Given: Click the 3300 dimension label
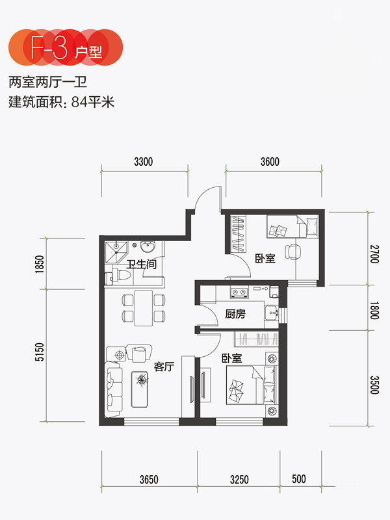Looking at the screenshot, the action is [144, 162].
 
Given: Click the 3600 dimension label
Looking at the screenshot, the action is [270, 162].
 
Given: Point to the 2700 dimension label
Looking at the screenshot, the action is [374, 254].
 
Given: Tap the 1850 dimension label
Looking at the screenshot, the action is [40, 264].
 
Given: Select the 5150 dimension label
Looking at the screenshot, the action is [40, 352].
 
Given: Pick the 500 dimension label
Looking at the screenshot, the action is [299, 479].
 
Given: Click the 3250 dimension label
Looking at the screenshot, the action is [239, 480].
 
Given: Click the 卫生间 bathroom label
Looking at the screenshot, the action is [141, 265].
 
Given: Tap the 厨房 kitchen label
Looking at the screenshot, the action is [235, 314].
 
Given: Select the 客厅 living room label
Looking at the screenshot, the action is [164, 367].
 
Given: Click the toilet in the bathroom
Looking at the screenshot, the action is [122, 275].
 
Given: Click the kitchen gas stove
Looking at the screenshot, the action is [239, 292].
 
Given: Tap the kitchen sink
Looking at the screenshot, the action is [272, 313].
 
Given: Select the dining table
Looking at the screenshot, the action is [144, 308].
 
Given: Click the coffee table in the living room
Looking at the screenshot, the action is [140, 389].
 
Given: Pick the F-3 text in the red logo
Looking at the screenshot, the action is [49, 47].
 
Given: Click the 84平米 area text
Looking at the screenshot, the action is [93, 102].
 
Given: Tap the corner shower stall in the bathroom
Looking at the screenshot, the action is [116, 253].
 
